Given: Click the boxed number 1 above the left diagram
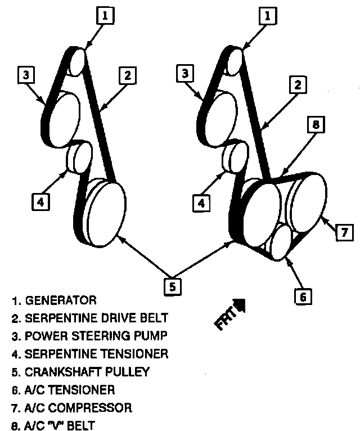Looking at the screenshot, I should [x=105, y=16].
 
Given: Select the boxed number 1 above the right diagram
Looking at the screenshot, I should [x=269, y=16].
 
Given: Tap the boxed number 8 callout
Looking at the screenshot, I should [x=316, y=125].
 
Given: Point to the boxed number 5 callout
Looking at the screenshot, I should [x=173, y=286].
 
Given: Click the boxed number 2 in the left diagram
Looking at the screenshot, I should [x=128, y=74].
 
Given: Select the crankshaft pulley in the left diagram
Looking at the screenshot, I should [x=106, y=214].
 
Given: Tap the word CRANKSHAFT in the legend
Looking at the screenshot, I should [x=63, y=372].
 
